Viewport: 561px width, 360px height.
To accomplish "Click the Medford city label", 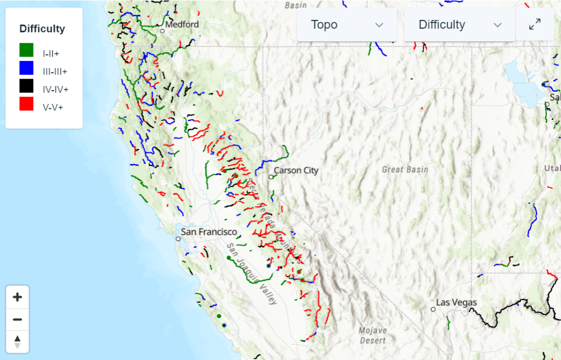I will point(182,24).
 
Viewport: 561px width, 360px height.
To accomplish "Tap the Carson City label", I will point(296,170).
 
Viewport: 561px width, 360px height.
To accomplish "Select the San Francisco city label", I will point(209,232).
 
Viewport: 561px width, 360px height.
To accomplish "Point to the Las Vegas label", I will point(457,302).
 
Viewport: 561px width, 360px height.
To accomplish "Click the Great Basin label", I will point(405,169).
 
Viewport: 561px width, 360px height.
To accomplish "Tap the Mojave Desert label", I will point(373,335).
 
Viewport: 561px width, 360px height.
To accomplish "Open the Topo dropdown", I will point(346,25).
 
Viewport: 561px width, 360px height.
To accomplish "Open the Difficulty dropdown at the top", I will point(460,25).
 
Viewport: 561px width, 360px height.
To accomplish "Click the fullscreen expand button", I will point(535,25).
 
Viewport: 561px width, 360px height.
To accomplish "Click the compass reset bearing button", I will point(17,341).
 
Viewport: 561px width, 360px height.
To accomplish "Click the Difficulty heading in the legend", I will point(42,29).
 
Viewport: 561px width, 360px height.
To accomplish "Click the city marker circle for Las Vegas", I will point(433,309).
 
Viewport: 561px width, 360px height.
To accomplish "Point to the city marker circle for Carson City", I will point(271,177).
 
